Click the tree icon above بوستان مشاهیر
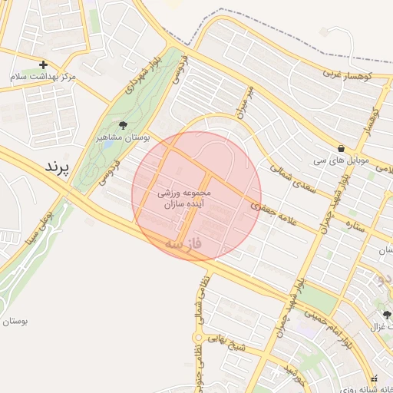click(123, 125)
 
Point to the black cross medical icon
click(43, 64)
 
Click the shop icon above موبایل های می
click(340, 148)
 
